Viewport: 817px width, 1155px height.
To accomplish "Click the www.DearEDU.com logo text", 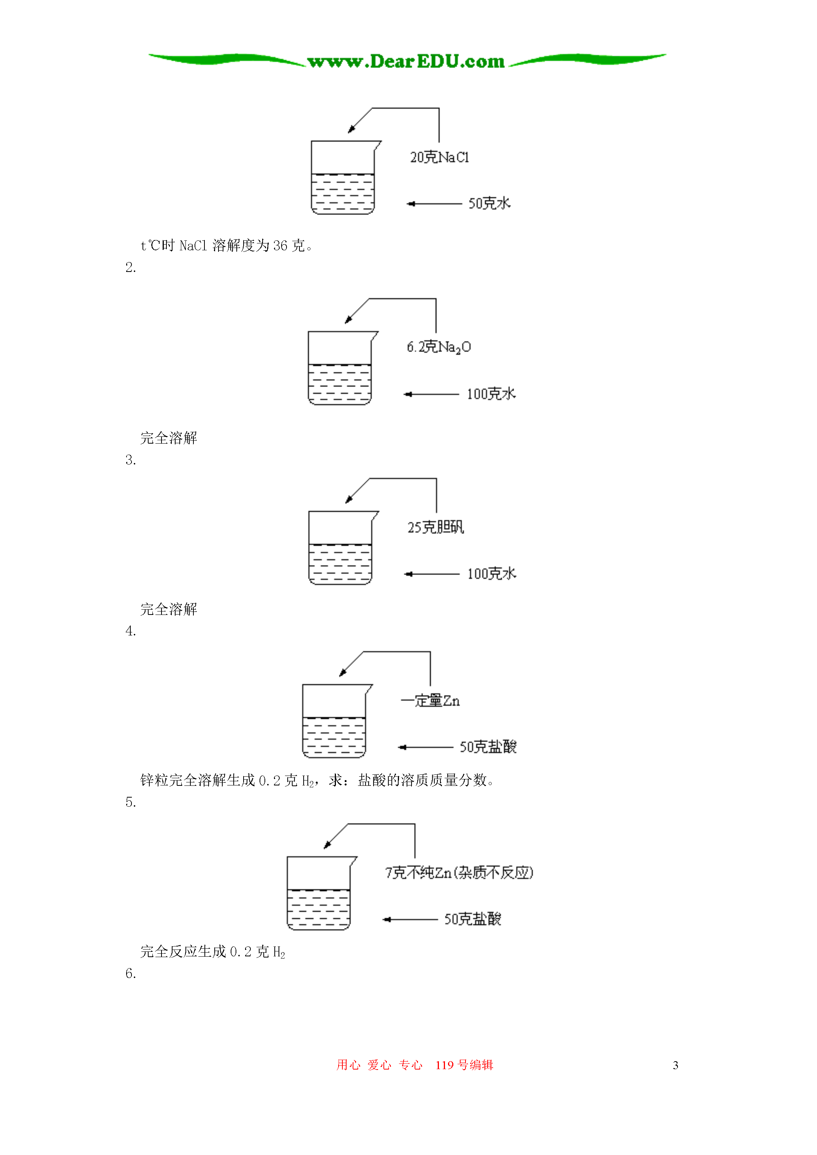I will coord(406,62).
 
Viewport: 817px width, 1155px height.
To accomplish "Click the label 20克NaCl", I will coord(439,158).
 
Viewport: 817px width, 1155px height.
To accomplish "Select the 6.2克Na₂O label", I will coord(439,347).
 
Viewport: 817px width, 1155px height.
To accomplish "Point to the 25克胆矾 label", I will coord(435,527).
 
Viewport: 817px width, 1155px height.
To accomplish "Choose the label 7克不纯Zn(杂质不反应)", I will coord(459,873).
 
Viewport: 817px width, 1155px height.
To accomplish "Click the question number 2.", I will coord(130,268).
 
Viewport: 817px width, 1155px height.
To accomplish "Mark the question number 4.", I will coord(130,631).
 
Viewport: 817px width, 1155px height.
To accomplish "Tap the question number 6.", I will coord(130,974).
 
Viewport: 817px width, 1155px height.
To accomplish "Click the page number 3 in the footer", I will coord(675,1065).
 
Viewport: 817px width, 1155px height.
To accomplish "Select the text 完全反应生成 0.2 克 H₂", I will coord(212,952).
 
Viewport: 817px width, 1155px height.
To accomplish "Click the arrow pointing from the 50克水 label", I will coord(434,204).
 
